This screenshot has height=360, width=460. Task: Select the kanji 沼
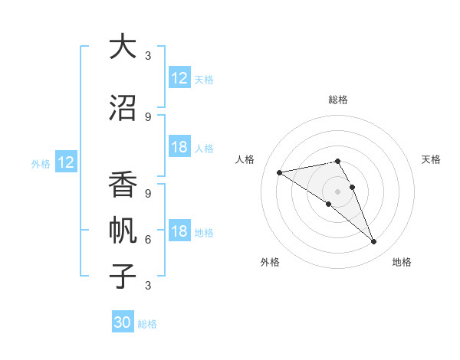click(x=122, y=108)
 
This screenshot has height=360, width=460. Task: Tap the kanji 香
click(x=122, y=186)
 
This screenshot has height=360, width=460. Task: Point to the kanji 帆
click(x=122, y=231)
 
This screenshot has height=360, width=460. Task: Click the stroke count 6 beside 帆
click(x=147, y=240)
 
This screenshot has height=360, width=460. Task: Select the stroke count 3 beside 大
click(x=147, y=56)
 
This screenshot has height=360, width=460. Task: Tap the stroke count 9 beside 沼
click(x=147, y=117)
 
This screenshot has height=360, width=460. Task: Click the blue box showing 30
click(x=123, y=322)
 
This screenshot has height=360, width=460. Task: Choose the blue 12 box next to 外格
click(x=65, y=162)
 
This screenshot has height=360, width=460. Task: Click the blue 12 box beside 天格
click(x=179, y=78)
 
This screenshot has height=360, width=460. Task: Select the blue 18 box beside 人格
click(x=179, y=147)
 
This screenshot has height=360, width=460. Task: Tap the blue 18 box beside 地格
click(x=179, y=232)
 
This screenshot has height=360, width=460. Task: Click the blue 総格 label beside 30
click(x=147, y=324)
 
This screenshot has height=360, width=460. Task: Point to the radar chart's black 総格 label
click(x=337, y=100)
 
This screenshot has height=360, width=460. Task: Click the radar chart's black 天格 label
click(x=431, y=159)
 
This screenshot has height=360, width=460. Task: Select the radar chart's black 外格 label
click(x=270, y=262)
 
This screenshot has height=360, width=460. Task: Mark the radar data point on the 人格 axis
click(x=280, y=172)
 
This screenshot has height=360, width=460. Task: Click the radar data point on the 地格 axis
click(x=374, y=242)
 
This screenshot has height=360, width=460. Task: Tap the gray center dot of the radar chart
click(x=337, y=191)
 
